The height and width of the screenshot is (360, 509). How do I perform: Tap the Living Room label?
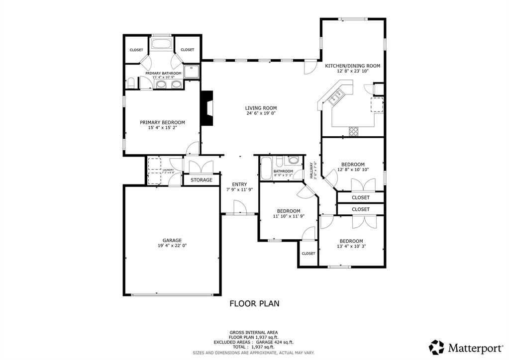(261, 108)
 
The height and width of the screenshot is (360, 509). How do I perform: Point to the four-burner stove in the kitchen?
(354, 131)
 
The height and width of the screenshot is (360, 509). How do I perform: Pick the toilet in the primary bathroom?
(131, 82)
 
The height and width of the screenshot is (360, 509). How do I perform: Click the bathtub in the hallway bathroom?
(266, 168)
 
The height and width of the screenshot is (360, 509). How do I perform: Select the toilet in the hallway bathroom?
(294, 161)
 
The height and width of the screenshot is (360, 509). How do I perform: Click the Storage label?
(202, 180)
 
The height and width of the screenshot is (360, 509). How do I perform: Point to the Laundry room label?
(168, 170)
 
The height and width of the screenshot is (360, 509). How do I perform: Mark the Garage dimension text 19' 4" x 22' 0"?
(172, 245)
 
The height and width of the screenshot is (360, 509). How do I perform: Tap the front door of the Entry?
(239, 208)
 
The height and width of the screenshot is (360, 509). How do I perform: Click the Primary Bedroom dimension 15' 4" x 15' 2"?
(162, 128)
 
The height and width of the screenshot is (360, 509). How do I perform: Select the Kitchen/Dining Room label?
(353, 66)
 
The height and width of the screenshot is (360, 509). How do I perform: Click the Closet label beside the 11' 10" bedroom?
(308, 254)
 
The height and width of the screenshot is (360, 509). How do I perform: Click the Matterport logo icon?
(437, 347)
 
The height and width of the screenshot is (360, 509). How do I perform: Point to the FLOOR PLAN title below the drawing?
(254, 303)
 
